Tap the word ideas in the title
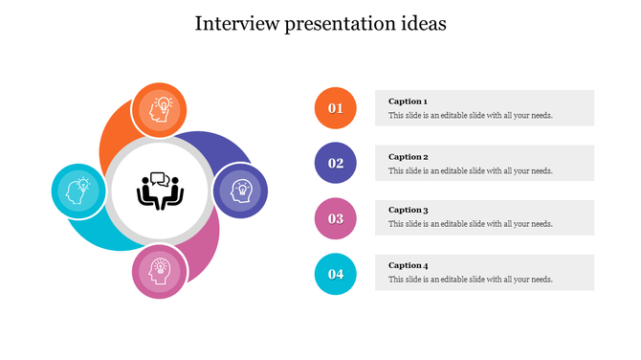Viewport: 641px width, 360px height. point(423,24)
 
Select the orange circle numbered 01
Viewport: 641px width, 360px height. point(336,108)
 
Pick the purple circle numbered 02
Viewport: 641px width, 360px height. point(336,163)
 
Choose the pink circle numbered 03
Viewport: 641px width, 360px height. point(336,218)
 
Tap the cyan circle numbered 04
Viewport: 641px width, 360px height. point(336,274)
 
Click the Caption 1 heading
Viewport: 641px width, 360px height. point(408,101)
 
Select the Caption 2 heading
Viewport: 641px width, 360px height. point(408,156)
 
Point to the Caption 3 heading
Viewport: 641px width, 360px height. point(408,210)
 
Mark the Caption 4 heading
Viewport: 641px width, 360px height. point(408,265)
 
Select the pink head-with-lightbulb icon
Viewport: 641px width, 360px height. point(159,269)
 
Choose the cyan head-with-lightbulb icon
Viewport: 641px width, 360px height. point(77,191)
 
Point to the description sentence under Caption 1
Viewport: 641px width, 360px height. point(470,116)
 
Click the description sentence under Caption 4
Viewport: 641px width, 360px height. point(470,280)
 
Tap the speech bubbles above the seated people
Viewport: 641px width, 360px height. point(159,178)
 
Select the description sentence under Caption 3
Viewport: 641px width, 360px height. point(470,224)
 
